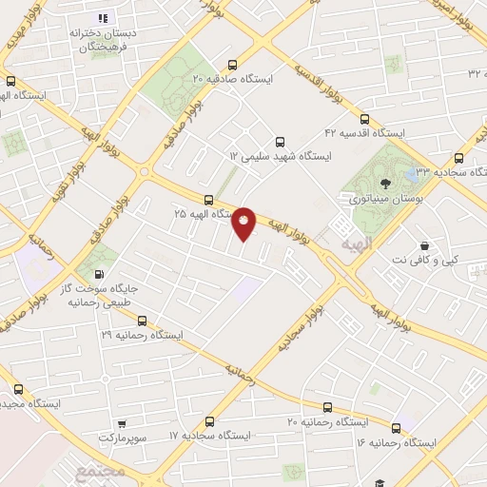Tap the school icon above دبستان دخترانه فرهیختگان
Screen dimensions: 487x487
[x=104, y=18]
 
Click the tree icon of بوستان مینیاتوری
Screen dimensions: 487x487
[x=383, y=184]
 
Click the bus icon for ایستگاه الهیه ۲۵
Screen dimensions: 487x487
[x=208, y=200]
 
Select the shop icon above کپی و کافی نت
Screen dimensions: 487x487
[x=423, y=244]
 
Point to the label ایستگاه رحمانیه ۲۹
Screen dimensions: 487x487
[x=146, y=336]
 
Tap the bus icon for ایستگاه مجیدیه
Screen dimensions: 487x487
[x=18, y=388]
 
